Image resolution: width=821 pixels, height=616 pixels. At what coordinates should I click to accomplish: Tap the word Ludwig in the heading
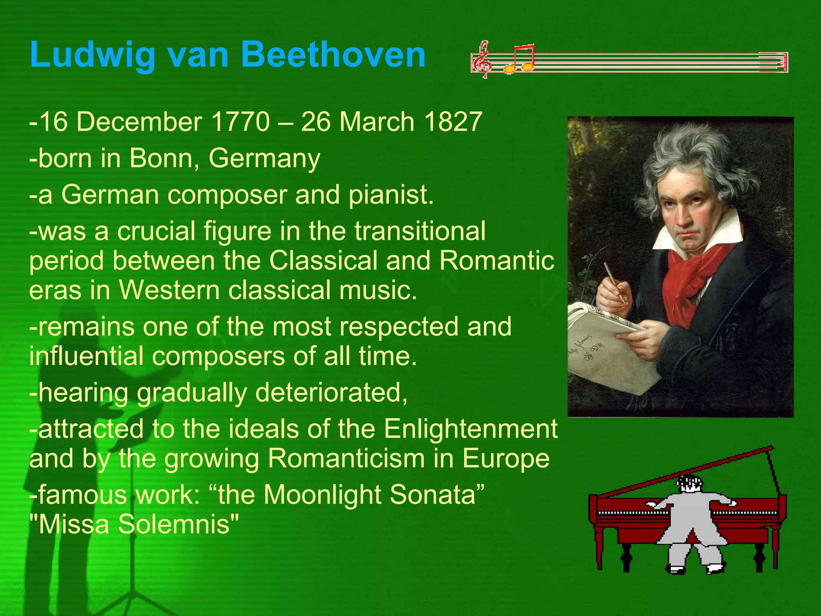point(93,55)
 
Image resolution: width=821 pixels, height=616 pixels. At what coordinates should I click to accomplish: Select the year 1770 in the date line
point(240,122)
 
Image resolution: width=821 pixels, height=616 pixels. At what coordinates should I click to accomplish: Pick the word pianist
point(391,195)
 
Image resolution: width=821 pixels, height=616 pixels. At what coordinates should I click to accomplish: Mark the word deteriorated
point(331,392)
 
